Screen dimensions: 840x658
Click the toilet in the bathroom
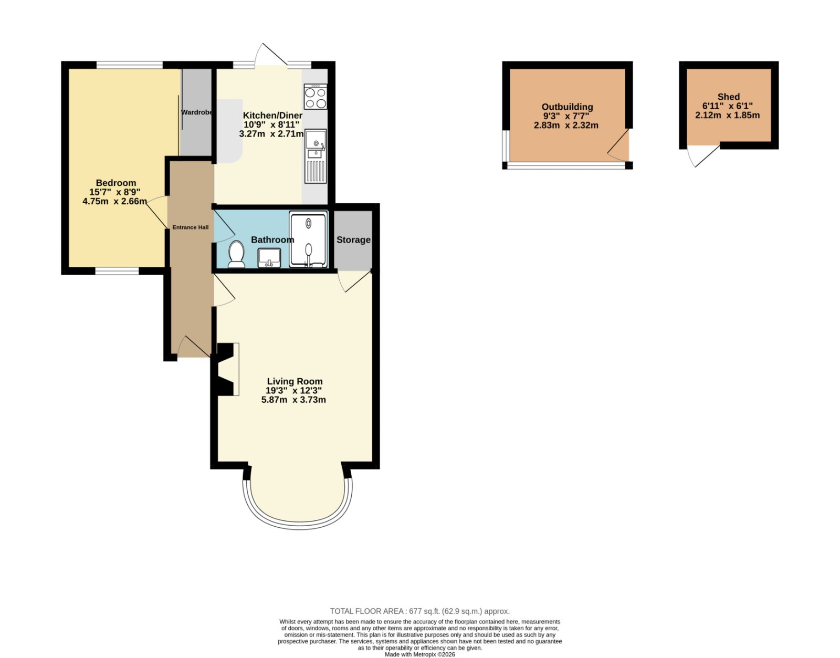[x=236, y=254]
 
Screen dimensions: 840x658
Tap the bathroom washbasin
[x=269, y=257]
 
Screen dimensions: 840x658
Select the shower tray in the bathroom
[x=308, y=240]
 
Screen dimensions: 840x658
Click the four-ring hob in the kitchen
[x=316, y=97]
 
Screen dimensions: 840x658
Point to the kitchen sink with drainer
[x=316, y=156]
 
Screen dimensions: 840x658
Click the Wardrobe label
[x=197, y=112]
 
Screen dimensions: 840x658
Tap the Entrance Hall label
[x=191, y=227]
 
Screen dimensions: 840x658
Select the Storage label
[x=353, y=239]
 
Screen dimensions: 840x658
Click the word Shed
[x=729, y=97]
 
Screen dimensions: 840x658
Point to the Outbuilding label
[x=567, y=107]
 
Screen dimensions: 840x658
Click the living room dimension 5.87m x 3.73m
[x=293, y=400]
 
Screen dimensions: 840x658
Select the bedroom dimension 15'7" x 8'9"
[x=115, y=192]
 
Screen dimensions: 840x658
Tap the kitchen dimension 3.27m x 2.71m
[x=271, y=134]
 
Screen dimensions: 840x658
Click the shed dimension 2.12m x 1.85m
[x=728, y=115]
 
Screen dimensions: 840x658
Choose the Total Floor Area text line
[x=420, y=611]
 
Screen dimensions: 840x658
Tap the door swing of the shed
[x=703, y=156]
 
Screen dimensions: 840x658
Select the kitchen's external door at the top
[x=270, y=55]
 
